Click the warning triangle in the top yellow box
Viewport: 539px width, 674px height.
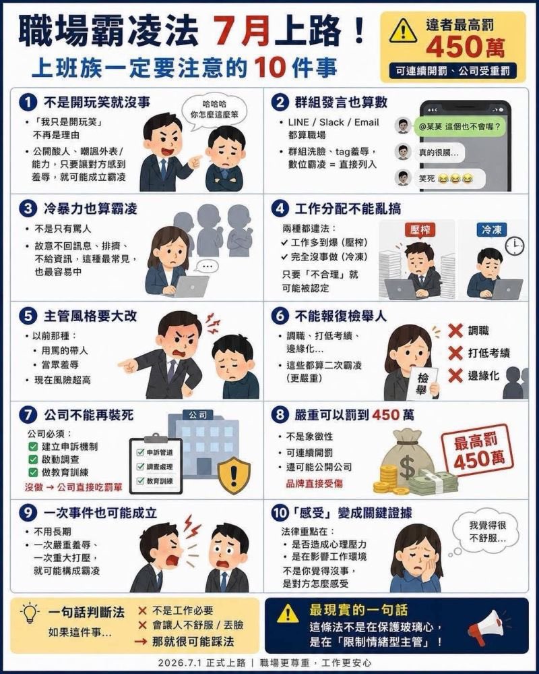403,32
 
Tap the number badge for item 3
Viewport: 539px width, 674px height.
28,209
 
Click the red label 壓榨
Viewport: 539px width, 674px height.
420,229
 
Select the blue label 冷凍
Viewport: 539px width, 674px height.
492,229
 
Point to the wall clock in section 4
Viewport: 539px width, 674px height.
514,246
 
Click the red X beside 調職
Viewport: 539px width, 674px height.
455,331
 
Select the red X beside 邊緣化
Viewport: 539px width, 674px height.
455,375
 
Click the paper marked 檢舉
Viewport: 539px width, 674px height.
423,383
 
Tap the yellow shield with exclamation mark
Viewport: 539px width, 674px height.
234,474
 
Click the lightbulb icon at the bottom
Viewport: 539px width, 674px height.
30,613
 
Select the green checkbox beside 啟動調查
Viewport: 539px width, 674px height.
33,459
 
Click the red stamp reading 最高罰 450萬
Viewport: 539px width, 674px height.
478,451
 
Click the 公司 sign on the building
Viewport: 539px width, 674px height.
197,415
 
